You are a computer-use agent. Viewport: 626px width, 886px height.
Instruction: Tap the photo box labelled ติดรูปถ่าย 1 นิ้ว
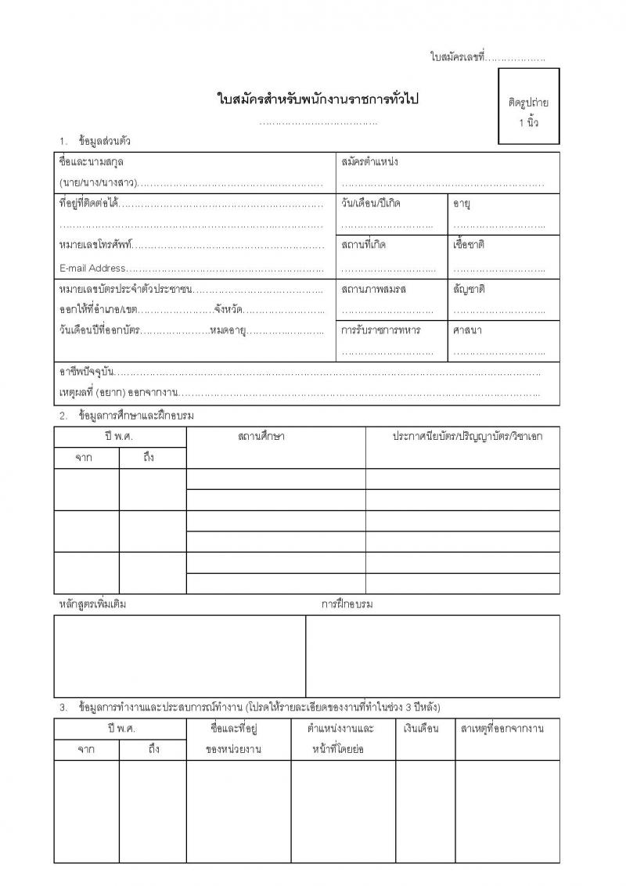(528, 106)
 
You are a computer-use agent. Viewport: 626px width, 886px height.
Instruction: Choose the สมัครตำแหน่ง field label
(370, 162)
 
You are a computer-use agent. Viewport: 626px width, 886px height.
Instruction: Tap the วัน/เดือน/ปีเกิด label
(371, 203)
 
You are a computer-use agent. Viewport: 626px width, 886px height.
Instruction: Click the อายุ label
(461, 203)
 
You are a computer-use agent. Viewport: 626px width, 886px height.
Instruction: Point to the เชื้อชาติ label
(469, 245)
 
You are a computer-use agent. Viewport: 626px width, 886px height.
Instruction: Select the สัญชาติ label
(469, 289)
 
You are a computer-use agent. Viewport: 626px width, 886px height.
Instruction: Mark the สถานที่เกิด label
(364, 245)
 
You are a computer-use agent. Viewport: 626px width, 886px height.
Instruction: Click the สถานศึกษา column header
(261, 436)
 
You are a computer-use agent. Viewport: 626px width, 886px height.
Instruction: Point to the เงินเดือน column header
(421, 729)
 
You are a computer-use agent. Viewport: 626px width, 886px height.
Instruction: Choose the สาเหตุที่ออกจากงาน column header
(502, 729)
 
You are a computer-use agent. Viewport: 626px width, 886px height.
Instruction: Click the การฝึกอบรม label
(347, 604)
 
